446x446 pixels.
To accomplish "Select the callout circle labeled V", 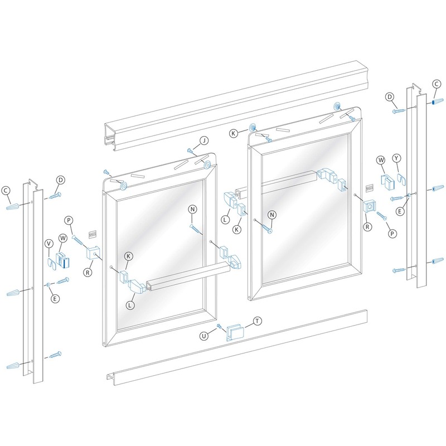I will [x=49, y=243].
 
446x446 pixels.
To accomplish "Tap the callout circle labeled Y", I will [x=397, y=158].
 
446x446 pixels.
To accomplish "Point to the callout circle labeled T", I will [x=257, y=321].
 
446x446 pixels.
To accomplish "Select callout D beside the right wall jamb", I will [x=391, y=98].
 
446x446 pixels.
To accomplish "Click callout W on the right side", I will [x=381, y=160].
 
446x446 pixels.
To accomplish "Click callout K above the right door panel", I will [x=235, y=133].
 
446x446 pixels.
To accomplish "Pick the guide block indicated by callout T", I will [x=233, y=332].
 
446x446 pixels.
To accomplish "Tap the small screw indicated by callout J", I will [x=190, y=151].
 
